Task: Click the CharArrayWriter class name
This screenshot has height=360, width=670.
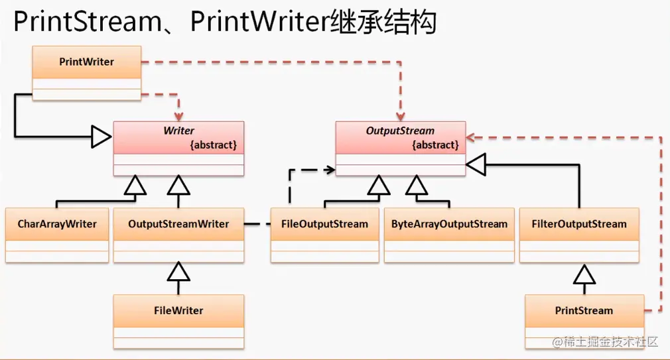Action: coord(57,224)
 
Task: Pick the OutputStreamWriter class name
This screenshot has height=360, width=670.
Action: coord(178,224)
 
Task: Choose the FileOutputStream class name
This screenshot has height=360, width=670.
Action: coord(324,224)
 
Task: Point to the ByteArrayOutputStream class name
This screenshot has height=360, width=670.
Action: coord(449,224)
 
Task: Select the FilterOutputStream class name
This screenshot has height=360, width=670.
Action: coord(579,224)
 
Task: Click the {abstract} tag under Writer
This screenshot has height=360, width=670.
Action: coord(214,145)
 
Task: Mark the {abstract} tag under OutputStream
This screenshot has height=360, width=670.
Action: coord(435,145)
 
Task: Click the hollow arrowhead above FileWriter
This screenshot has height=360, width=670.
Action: coord(178,270)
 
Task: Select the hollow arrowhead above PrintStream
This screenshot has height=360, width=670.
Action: coord(584,272)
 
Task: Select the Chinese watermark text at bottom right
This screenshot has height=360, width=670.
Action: coord(611,341)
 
